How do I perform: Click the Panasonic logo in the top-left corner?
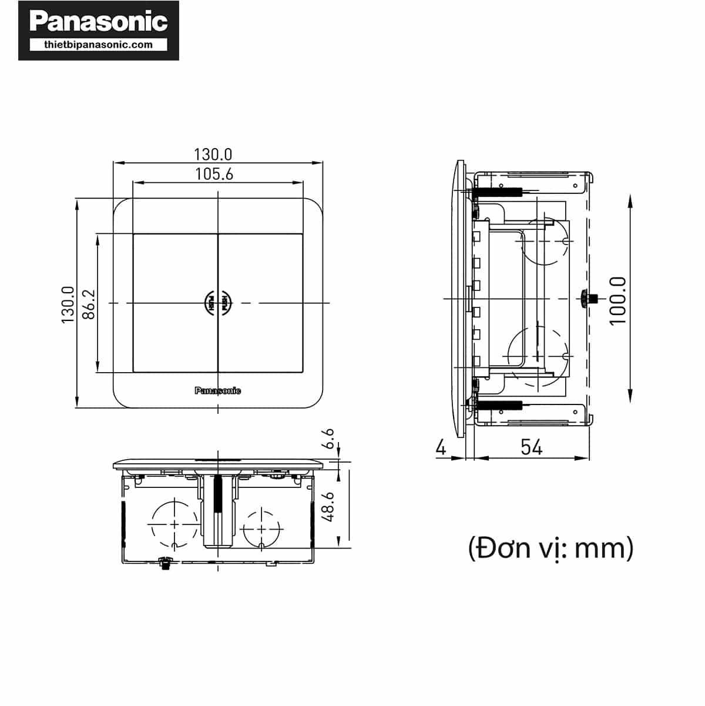tap(98, 22)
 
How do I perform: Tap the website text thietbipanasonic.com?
tap(98, 45)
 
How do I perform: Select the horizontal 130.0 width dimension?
tap(213, 154)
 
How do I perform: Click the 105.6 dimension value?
tap(214, 174)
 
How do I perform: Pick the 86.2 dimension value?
tap(88, 304)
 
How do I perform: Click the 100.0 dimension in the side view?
tap(617, 300)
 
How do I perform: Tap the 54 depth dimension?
tap(531, 447)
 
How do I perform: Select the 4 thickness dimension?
tap(441, 447)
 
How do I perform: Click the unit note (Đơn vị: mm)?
tap(550, 548)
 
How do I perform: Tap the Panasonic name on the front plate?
tap(217, 391)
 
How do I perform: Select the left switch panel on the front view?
tap(175, 303)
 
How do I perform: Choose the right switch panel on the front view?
tap(261, 303)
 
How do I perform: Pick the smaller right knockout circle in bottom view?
tap(260, 527)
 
